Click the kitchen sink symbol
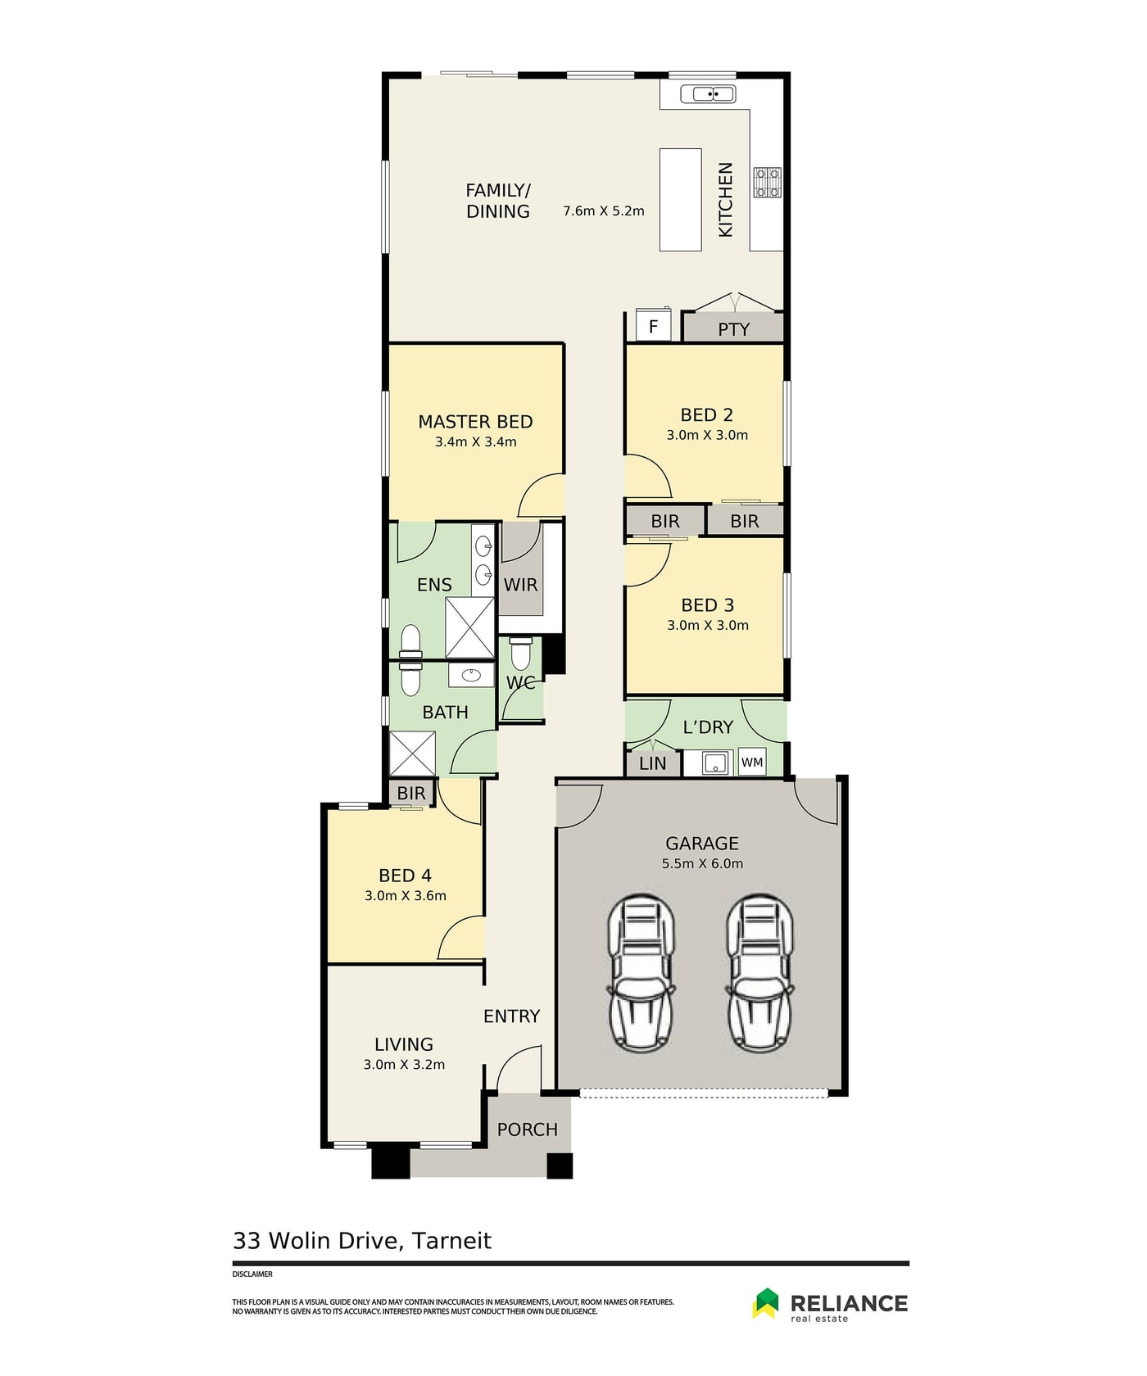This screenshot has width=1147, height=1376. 714,94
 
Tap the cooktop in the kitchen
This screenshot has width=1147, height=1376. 768,183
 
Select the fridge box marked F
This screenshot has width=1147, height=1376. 653,326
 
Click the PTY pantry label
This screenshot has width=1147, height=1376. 733,329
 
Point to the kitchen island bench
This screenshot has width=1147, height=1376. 681,199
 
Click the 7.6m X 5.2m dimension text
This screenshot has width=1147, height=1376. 604,211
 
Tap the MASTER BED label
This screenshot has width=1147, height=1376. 475,422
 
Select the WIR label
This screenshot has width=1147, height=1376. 520,585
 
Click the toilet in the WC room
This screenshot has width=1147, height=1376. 520,654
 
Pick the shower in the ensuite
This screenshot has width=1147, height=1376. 469,627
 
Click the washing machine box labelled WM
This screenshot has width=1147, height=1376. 752,763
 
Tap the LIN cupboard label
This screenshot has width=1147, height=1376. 652,763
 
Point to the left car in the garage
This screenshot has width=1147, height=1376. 641,973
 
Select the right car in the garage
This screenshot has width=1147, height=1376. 759,973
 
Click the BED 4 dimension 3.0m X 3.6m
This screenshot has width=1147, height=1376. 406,896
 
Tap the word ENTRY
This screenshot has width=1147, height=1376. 511,1016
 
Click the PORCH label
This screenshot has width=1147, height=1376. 527,1129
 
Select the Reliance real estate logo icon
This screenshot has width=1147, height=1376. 766,1303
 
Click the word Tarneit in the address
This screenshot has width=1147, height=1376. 451,1241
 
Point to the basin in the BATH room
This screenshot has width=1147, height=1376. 470,675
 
